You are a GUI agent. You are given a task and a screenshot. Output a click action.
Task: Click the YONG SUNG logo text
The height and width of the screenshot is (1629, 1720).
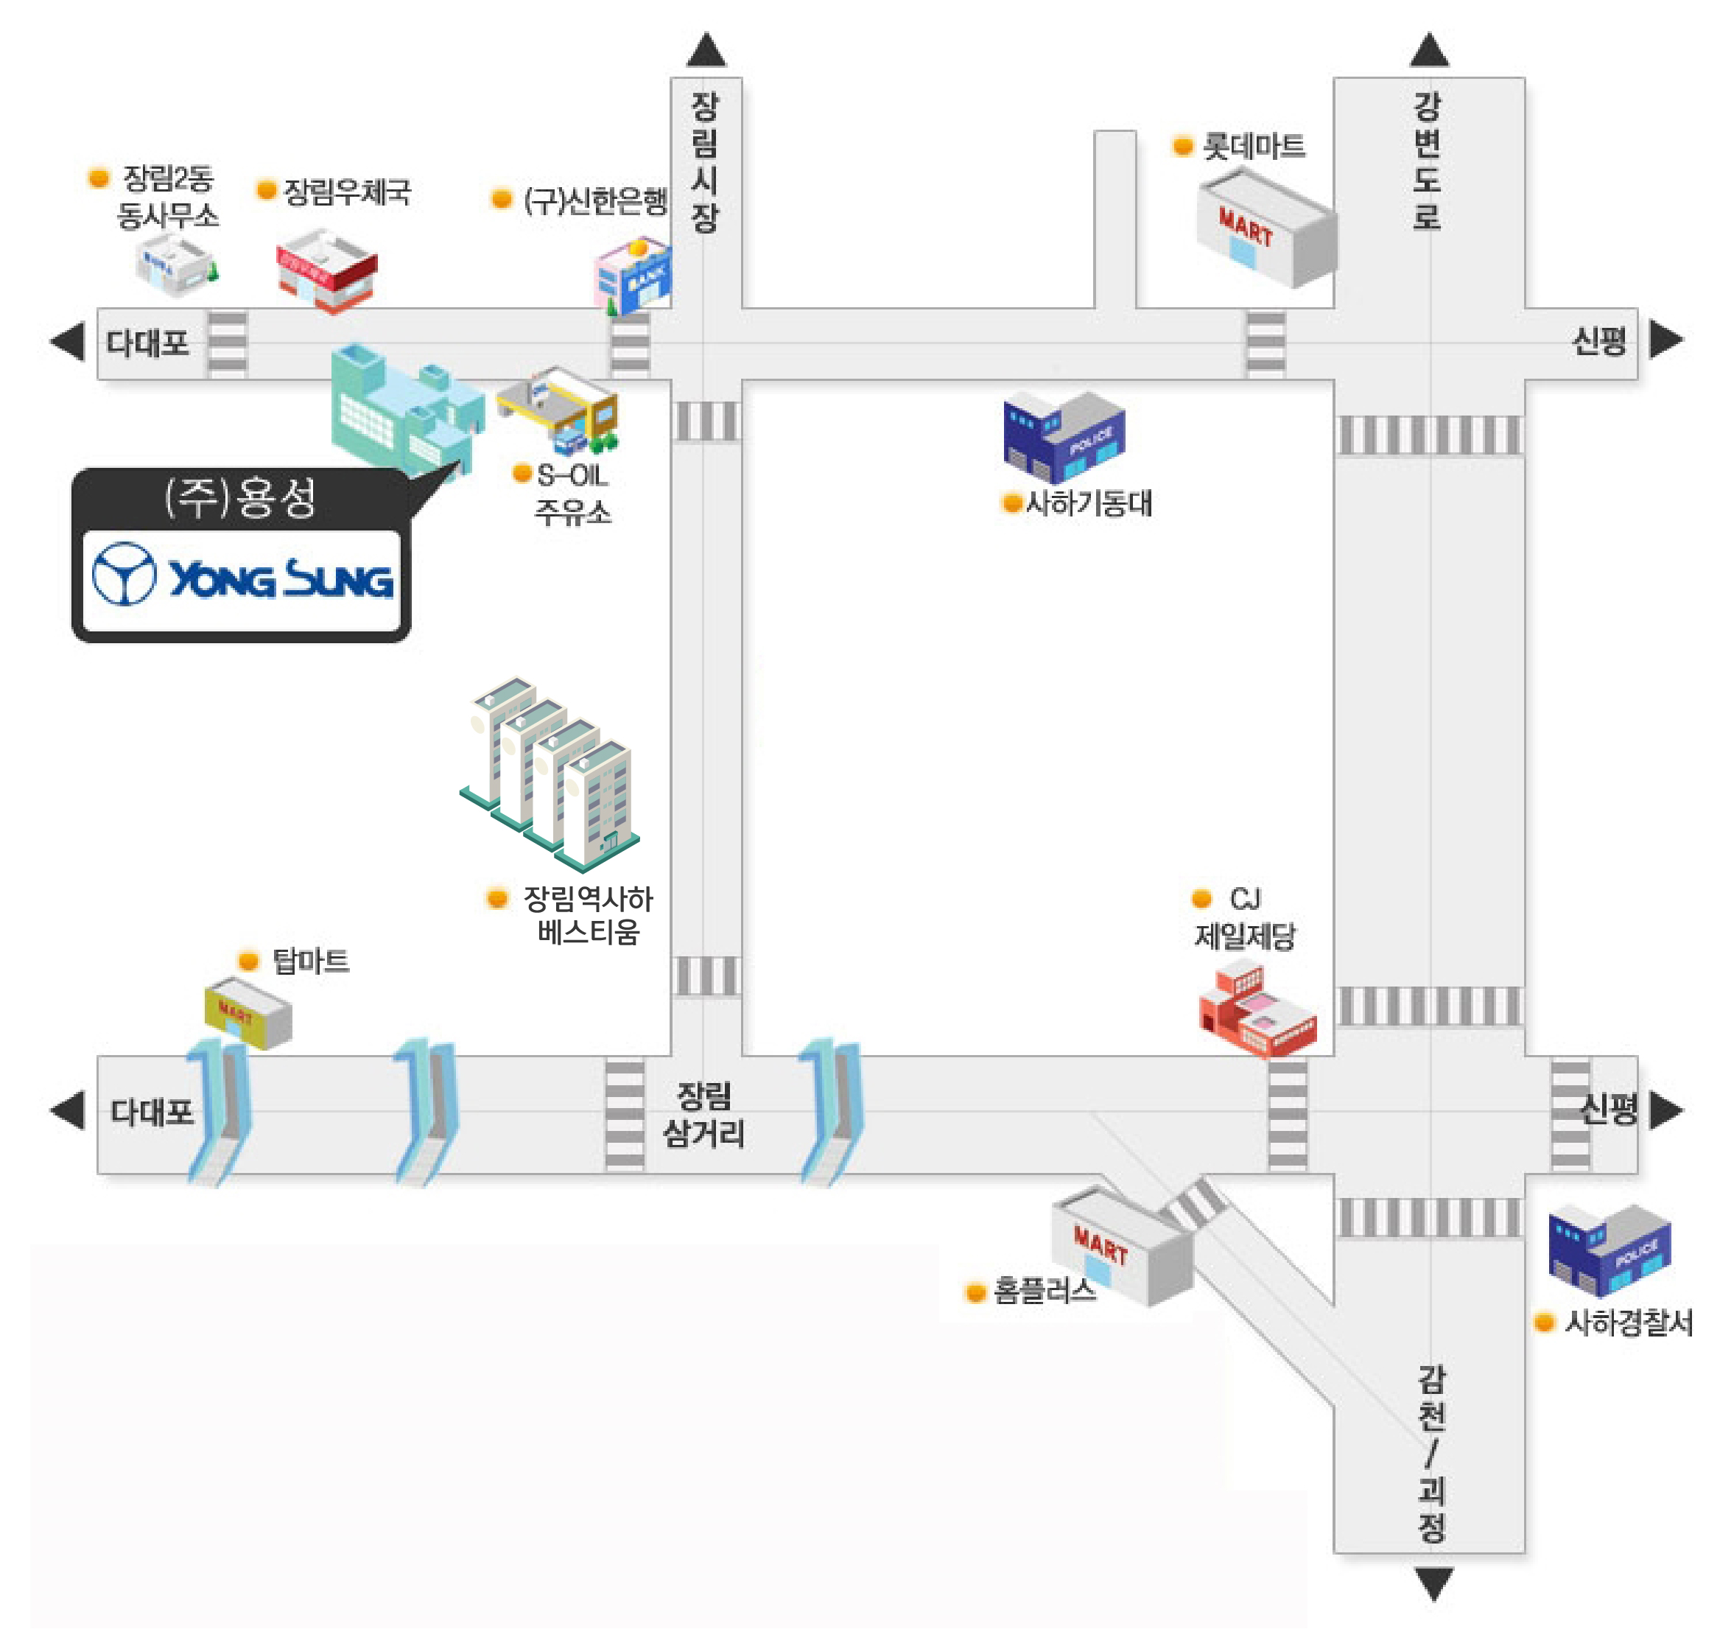point(280,578)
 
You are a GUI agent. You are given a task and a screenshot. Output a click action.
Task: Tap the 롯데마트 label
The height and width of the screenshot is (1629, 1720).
point(1253,146)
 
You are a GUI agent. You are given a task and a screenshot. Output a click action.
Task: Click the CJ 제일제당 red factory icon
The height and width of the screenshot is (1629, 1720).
point(1257,1012)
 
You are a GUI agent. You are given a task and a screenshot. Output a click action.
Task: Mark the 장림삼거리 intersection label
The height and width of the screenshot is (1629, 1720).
point(704,1114)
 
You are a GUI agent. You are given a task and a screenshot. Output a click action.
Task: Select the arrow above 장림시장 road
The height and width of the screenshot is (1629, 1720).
point(706,49)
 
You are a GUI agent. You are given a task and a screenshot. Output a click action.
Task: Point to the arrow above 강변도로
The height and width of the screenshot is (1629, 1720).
point(1429,49)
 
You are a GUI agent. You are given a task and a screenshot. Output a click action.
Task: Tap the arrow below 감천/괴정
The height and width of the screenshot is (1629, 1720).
point(1433,1583)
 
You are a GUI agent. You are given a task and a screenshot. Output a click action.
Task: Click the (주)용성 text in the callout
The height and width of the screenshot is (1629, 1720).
point(240,497)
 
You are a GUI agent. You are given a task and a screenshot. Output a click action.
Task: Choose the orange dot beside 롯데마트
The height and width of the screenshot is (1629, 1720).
point(1182,145)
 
